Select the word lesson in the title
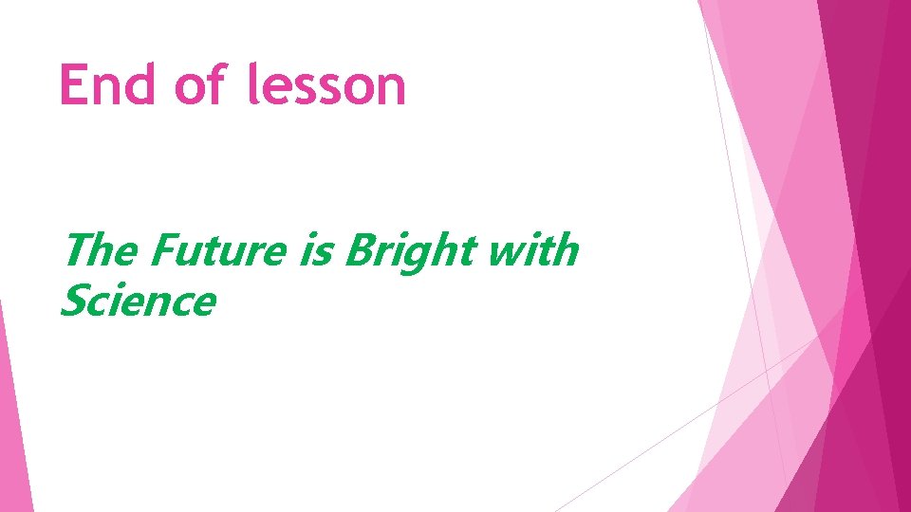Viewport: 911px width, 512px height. point(325,85)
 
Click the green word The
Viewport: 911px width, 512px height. point(100,251)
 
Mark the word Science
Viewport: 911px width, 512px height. point(138,302)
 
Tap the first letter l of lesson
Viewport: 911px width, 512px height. point(252,84)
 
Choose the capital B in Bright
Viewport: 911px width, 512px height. point(359,251)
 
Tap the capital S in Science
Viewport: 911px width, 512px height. point(73,302)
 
